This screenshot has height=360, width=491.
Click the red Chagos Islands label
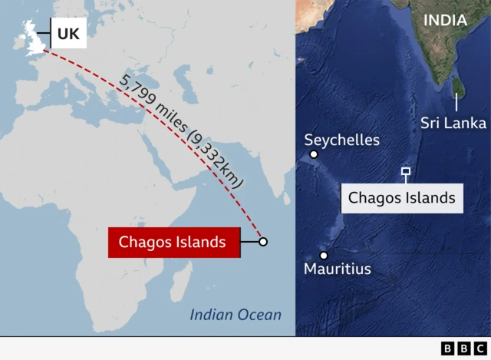(x=173, y=242)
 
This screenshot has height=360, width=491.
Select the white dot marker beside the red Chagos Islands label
(x=263, y=242)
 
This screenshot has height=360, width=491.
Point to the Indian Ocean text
(x=236, y=315)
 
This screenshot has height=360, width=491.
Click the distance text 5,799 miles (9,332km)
(x=181, y=130)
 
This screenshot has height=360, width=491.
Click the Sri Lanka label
(x=453, y=123)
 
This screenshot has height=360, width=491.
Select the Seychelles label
(x=341, y=140)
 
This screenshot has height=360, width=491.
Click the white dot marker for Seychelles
(x=314, y=154)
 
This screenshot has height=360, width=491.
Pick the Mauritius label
(x=338, y=269)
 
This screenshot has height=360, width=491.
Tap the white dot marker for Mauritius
(x=324, y=256)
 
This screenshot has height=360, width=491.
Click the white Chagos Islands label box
(x=402, y=198)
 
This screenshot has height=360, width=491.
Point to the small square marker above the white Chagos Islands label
(x=405, y=172)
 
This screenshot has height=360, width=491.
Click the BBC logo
(x=458, y=349)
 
